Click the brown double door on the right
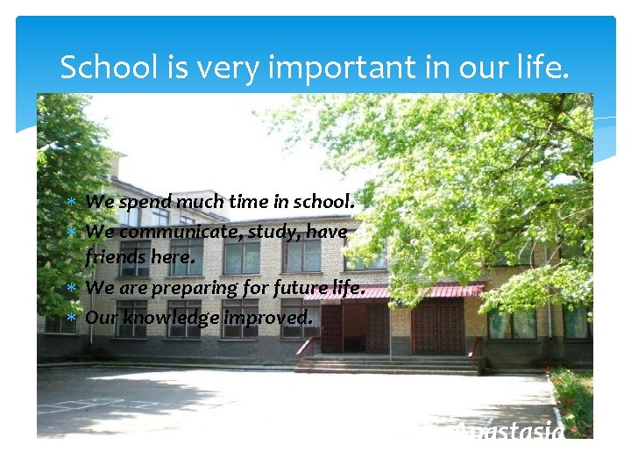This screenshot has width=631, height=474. point(437,327)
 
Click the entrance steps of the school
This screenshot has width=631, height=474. point(386,364)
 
